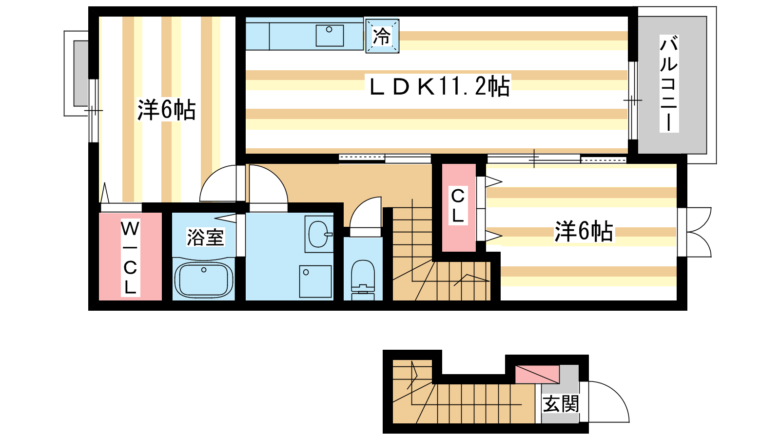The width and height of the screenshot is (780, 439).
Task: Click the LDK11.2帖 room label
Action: tap(439, 86)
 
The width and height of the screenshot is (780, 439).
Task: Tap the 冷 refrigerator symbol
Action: tap(382, 36)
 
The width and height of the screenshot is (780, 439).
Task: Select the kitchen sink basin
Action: tap(330, 35)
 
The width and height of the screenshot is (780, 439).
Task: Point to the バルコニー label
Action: tap(669, 83)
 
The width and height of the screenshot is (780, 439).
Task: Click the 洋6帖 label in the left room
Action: tap(166, 110)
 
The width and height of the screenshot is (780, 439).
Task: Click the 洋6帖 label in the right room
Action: tap(584, 231)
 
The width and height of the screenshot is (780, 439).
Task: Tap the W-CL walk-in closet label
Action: tap(130, 258)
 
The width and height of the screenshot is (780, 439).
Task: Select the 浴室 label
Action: tap(205, 237)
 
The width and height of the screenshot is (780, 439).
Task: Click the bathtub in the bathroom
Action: tap(204, 280)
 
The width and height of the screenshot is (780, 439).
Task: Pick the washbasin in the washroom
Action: tap(319, 234)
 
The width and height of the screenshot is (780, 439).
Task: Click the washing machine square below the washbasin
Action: tap(315, 281)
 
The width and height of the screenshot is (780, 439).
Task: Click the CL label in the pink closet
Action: tap(458, 205)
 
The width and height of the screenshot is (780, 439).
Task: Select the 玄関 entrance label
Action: tap(561, 404)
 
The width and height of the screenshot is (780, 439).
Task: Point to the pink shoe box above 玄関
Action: tap(537, 374)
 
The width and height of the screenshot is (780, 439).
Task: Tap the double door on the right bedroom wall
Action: tap(695, 232)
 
